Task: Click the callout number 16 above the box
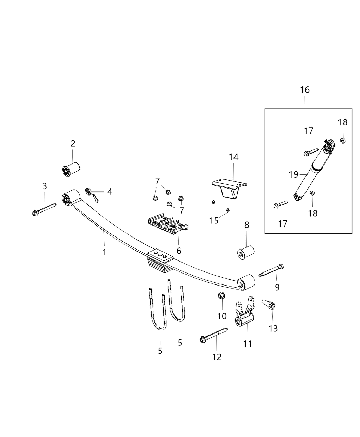[x=304, y=90]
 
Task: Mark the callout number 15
[x=214, y=220]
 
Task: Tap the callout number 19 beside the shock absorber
[x=293, y=174]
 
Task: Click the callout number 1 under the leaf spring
[x=104, y=252]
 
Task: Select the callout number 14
[x=233, y=157]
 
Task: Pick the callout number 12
[x=217, y=357]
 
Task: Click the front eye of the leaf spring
[x=68, y=198]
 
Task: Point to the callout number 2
[x=73, y=144]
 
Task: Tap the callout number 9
[x=277, y=287]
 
